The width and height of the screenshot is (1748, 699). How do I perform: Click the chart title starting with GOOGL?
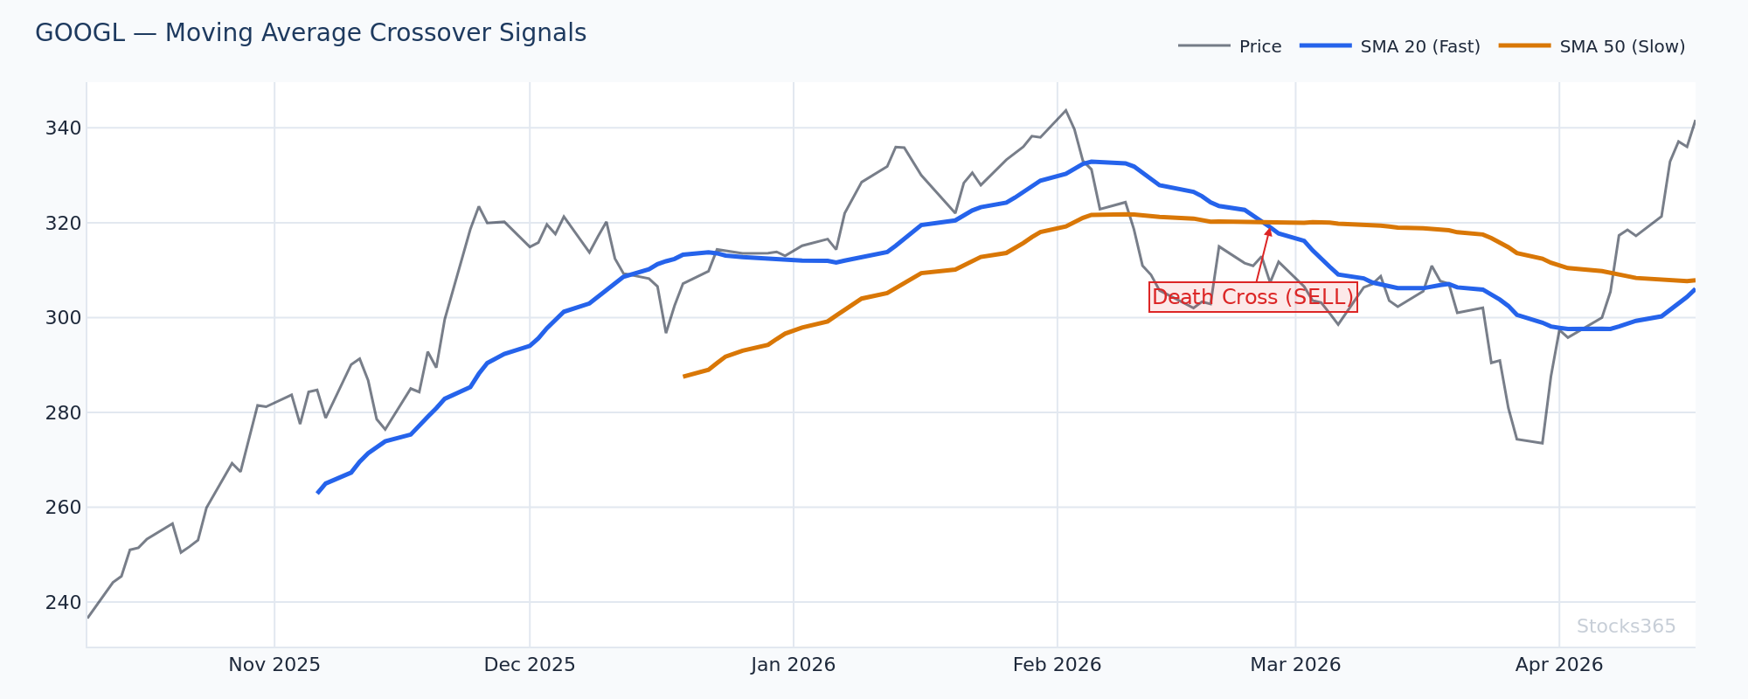pos(310,33)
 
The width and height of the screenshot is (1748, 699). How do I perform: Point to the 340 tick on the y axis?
pos(64,128)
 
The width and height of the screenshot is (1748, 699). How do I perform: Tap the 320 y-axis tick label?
pos(64,223)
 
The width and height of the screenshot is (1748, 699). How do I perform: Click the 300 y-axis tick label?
pos(64,318)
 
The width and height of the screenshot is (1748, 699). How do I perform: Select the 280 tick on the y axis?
pos(64,412)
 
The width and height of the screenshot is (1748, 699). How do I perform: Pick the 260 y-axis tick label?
pos(64,508)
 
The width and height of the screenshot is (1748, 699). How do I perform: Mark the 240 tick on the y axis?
pos(64,602)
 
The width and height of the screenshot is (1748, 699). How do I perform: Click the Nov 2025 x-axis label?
pos(274,665)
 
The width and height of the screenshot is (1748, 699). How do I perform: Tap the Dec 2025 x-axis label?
pos(530,665)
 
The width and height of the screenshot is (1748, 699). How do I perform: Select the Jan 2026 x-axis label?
pos(794,665)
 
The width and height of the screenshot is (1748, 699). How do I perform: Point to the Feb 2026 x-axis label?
pos(1057,665)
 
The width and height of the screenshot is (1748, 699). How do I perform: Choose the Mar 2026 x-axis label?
pos(1295,665)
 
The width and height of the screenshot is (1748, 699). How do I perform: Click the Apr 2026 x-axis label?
pos(1559,665)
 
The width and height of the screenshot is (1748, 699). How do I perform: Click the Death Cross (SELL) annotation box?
pos(1252,297)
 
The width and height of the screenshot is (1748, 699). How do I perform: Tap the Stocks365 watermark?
pos(1626,626)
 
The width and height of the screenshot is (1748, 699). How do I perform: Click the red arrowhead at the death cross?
pos(1269,230)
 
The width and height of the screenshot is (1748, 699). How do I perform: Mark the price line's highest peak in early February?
pos(1065,110)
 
